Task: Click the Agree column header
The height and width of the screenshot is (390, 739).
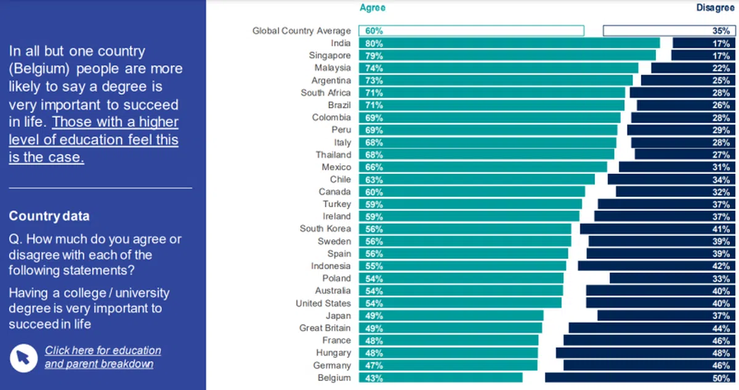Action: point(372,7)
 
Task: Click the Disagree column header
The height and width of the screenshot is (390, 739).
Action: point(715,7)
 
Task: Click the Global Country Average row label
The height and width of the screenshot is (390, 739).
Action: point(302,31)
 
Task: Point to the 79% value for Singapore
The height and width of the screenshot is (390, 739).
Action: point(374,55)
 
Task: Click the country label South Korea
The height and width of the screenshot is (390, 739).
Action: point(325,229)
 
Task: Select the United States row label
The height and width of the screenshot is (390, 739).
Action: point(323,303)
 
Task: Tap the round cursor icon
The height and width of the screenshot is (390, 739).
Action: point(23,357)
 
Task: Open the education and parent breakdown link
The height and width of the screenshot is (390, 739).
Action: point(103,357)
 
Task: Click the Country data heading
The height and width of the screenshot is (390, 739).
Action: point(49,216)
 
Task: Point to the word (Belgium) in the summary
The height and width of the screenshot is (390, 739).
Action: point(38,69)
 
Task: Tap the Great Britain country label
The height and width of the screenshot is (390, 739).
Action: point(325,328)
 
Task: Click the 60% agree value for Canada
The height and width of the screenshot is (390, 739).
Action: point(374,192)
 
